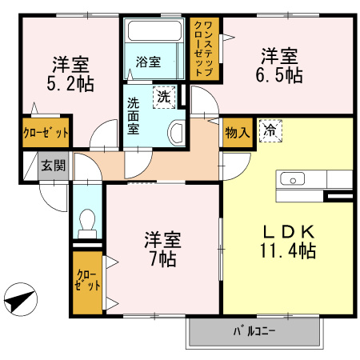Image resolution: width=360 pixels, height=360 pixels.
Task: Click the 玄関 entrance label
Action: click(54, 166)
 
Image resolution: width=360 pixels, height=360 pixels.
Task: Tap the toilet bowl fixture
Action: click(87, 223)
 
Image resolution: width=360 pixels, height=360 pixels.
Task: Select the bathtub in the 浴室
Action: click(154, 30)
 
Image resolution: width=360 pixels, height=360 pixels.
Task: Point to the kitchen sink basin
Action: click(293, 178)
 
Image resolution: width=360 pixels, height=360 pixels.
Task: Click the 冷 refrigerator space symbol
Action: click(270, 130)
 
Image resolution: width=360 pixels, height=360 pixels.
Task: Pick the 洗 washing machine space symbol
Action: click(164, 97)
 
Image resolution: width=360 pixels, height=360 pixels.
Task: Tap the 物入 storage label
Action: click(238, 132)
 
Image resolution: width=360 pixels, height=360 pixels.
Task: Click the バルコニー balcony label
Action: click(254, 331)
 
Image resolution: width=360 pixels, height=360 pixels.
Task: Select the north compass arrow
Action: click(21, 299)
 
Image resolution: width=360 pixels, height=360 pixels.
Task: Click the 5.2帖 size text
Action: click(70, 84)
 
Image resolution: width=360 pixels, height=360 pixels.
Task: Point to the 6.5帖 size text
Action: click(279, 75)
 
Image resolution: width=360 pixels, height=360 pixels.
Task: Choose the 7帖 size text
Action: click(163, 259)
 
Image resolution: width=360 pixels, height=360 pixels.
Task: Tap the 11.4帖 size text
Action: click(288, 250)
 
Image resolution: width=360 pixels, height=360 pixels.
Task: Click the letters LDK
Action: click(289, 232)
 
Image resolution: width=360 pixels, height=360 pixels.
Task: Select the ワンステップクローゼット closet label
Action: click(204, 49)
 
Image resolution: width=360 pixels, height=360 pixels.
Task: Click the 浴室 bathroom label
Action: click(148, 62)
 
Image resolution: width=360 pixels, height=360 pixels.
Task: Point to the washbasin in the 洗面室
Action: click(176, 133)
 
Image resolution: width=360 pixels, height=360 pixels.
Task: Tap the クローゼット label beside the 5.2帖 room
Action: click(46, 133)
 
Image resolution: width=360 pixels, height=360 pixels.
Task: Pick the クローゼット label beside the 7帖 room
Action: click(87, 280)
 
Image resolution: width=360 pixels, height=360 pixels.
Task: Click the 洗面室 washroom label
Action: click(133, 116)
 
